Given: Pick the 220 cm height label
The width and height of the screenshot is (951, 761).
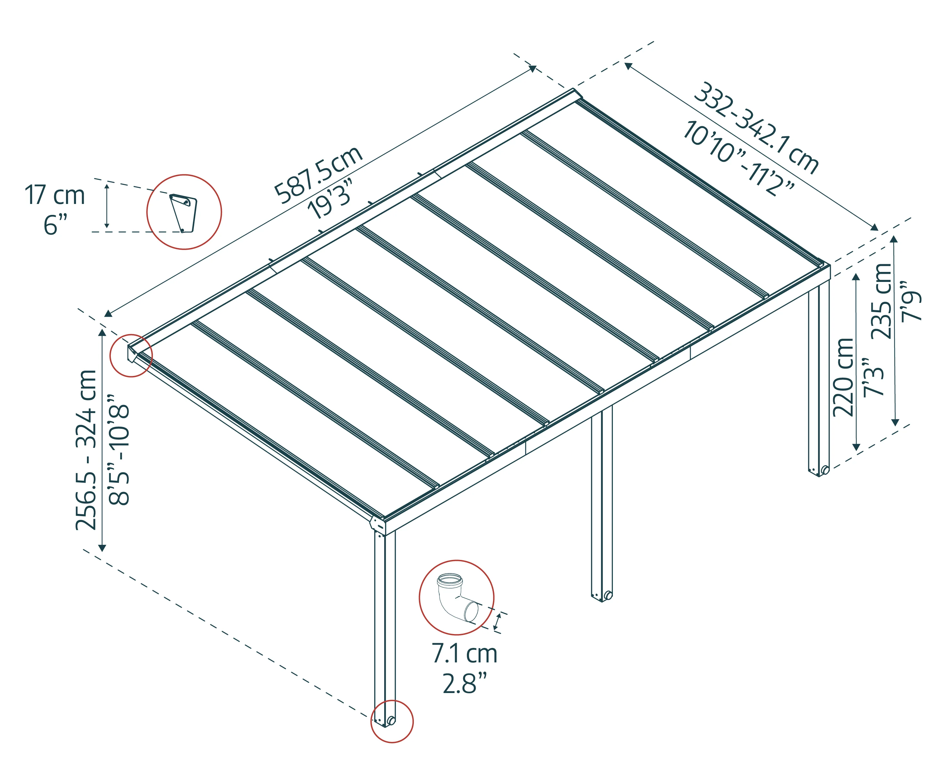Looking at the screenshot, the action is click(x=843, y=377).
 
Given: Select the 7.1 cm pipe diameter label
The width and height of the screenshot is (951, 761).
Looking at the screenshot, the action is click(x=464, y=654).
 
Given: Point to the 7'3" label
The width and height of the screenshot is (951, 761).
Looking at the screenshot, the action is click(x=873, y=377).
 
